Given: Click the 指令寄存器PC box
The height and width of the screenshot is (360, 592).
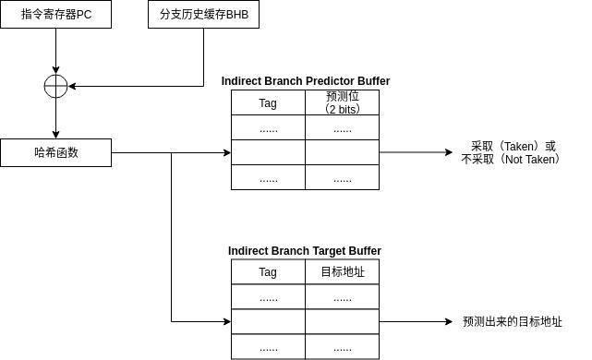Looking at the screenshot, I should tap(55, 15).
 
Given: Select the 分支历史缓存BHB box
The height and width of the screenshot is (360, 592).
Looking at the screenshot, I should tap(203, 15).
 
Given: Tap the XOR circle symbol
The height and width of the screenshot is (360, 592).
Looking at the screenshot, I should tap(55, 87).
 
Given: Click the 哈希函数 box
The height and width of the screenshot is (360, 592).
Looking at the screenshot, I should tap(55, 152).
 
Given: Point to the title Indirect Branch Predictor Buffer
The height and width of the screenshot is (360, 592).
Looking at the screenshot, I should tap(305, 81).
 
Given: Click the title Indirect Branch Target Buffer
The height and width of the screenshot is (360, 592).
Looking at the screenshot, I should tap(305, 251).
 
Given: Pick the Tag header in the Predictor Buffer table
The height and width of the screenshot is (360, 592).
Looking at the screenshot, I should tap(268, 102).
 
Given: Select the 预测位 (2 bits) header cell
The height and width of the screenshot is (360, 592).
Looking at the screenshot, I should tap(342, 102).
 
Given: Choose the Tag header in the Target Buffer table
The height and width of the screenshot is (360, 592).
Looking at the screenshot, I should tap(268, 272).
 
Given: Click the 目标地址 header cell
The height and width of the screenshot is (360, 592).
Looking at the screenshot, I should tap(342, 272).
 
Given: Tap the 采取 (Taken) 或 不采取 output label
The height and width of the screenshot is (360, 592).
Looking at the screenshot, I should tap(513, 153).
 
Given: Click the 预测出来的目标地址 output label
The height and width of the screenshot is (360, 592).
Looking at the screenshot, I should tap(513, 322).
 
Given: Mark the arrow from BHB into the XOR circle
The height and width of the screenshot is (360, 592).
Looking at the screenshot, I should tap(139, 87).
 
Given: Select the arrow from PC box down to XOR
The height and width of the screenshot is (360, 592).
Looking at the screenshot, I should tap(55, 51).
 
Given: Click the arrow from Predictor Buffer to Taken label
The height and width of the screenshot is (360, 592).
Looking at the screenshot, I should tap(416, 152).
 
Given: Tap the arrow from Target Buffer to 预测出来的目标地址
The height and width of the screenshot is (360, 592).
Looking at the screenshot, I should tap(416, 322).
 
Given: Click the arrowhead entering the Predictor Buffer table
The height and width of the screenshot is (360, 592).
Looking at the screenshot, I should tap(225, 152).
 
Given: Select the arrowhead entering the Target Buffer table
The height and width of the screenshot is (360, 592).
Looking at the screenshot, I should tap(225, 322).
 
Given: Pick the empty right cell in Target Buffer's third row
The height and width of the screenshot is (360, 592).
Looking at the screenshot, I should tap(342, 322).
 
